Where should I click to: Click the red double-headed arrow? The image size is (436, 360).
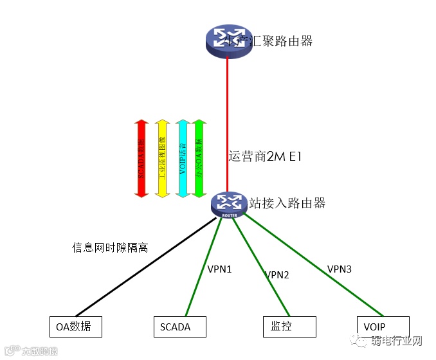pyautogui.click(x=141, y=157)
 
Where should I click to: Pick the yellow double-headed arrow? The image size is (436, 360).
pyautogui.click(x=161, y=157)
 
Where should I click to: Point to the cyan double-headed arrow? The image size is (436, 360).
pyautogui.click(x=183, y=157)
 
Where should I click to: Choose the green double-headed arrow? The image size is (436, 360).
pyautogui.click(x=199, y=157)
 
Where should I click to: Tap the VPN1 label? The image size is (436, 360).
pyautogui.click(x=219, y=269)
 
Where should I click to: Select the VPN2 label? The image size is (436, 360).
pyautogui.click(x=277, y=275)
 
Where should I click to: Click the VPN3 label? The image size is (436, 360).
pyautogui.click(x=339, y=269)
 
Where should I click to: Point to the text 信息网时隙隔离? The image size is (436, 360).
pyautogui.click(x=110, y=247)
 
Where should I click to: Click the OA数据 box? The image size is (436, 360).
pyautogui.click(x=75, y=327)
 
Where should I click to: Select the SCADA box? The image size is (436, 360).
pyautogui.click(x=180, y=327)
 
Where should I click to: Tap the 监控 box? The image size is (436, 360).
pyautogui.click(x=289, y=327)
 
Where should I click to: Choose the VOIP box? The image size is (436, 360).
pyautogui.click(x=383, y=327)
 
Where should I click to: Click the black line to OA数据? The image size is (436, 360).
pyautogui.click(x=148, y=269)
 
